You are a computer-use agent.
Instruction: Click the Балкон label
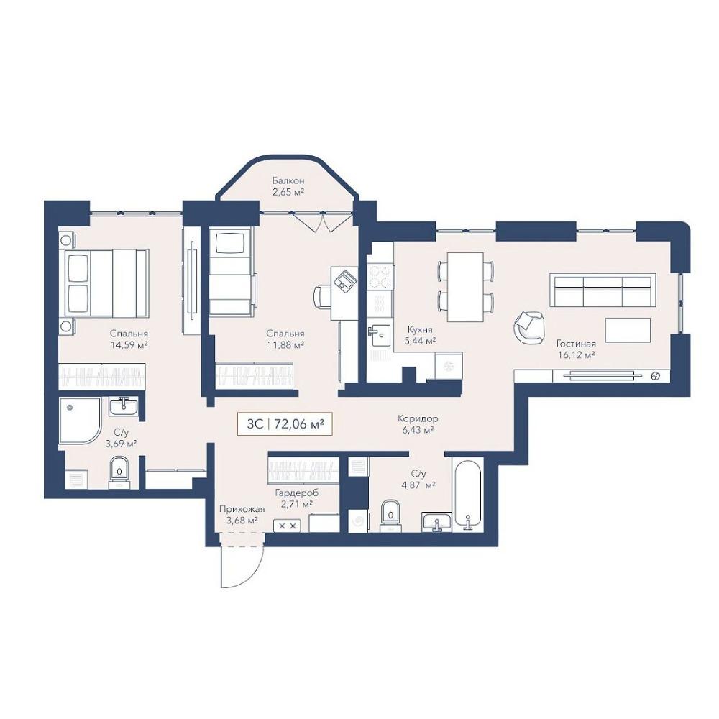pos(288,180)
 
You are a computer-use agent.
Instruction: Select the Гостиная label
pos(576,344)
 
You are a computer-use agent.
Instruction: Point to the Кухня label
pos(420,330)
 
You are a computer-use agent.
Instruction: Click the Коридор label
pos(418,418)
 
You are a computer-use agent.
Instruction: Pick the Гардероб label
pos(297,493)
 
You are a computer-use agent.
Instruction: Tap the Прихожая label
pos(242,510)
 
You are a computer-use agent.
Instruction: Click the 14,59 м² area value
pos(129,345)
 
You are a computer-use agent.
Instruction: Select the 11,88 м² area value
pos(285,345)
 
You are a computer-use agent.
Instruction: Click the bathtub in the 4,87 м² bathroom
pos(467,495)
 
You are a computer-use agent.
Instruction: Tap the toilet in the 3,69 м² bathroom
pos(119,472)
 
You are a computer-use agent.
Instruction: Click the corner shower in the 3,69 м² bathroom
pos(80,421)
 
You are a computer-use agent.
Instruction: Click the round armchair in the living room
pos(529,327)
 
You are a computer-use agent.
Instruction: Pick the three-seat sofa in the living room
pos(603,290)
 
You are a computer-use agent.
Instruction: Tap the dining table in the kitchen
pos(465,287)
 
